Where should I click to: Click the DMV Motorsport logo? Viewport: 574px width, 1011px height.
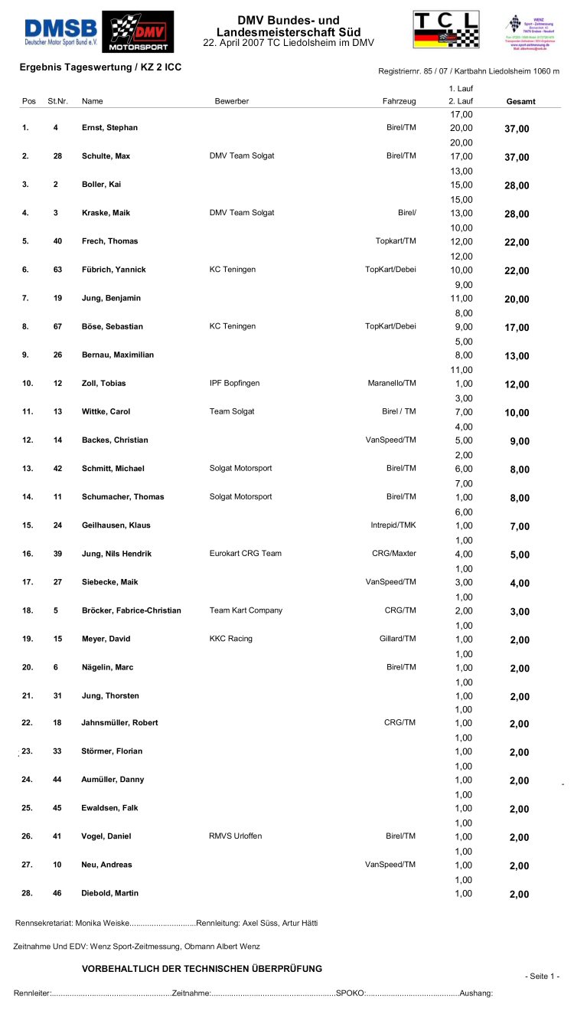(138, 31)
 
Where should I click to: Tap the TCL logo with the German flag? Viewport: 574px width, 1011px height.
(446, 30)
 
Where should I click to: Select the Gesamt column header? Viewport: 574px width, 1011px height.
(520, 101)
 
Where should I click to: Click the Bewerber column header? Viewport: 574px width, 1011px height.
(231, 101)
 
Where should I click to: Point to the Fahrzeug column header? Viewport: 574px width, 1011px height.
(399, 101)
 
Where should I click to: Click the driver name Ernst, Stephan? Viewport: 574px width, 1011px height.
(109, 128)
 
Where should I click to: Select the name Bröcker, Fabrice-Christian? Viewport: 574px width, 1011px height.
(131, 610)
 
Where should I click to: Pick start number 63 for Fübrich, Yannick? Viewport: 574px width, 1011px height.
(55, 270)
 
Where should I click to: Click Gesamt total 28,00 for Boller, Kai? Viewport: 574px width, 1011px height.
(517, 185)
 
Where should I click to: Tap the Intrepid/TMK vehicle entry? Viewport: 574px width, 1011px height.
(393, 525)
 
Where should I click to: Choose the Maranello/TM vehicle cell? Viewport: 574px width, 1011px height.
(391, 383)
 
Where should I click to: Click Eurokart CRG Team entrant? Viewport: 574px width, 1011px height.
(245, 554)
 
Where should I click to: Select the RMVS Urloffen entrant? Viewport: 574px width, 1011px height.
(236, 836)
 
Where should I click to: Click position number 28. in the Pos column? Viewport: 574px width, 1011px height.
(27, 893)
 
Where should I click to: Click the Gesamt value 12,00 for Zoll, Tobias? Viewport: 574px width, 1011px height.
(517, 384)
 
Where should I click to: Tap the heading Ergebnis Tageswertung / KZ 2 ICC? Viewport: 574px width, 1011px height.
(100, 67)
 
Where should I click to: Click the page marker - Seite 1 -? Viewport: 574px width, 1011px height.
(542, 977)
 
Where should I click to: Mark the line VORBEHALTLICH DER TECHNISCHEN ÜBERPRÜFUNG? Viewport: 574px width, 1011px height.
(202, 969)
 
